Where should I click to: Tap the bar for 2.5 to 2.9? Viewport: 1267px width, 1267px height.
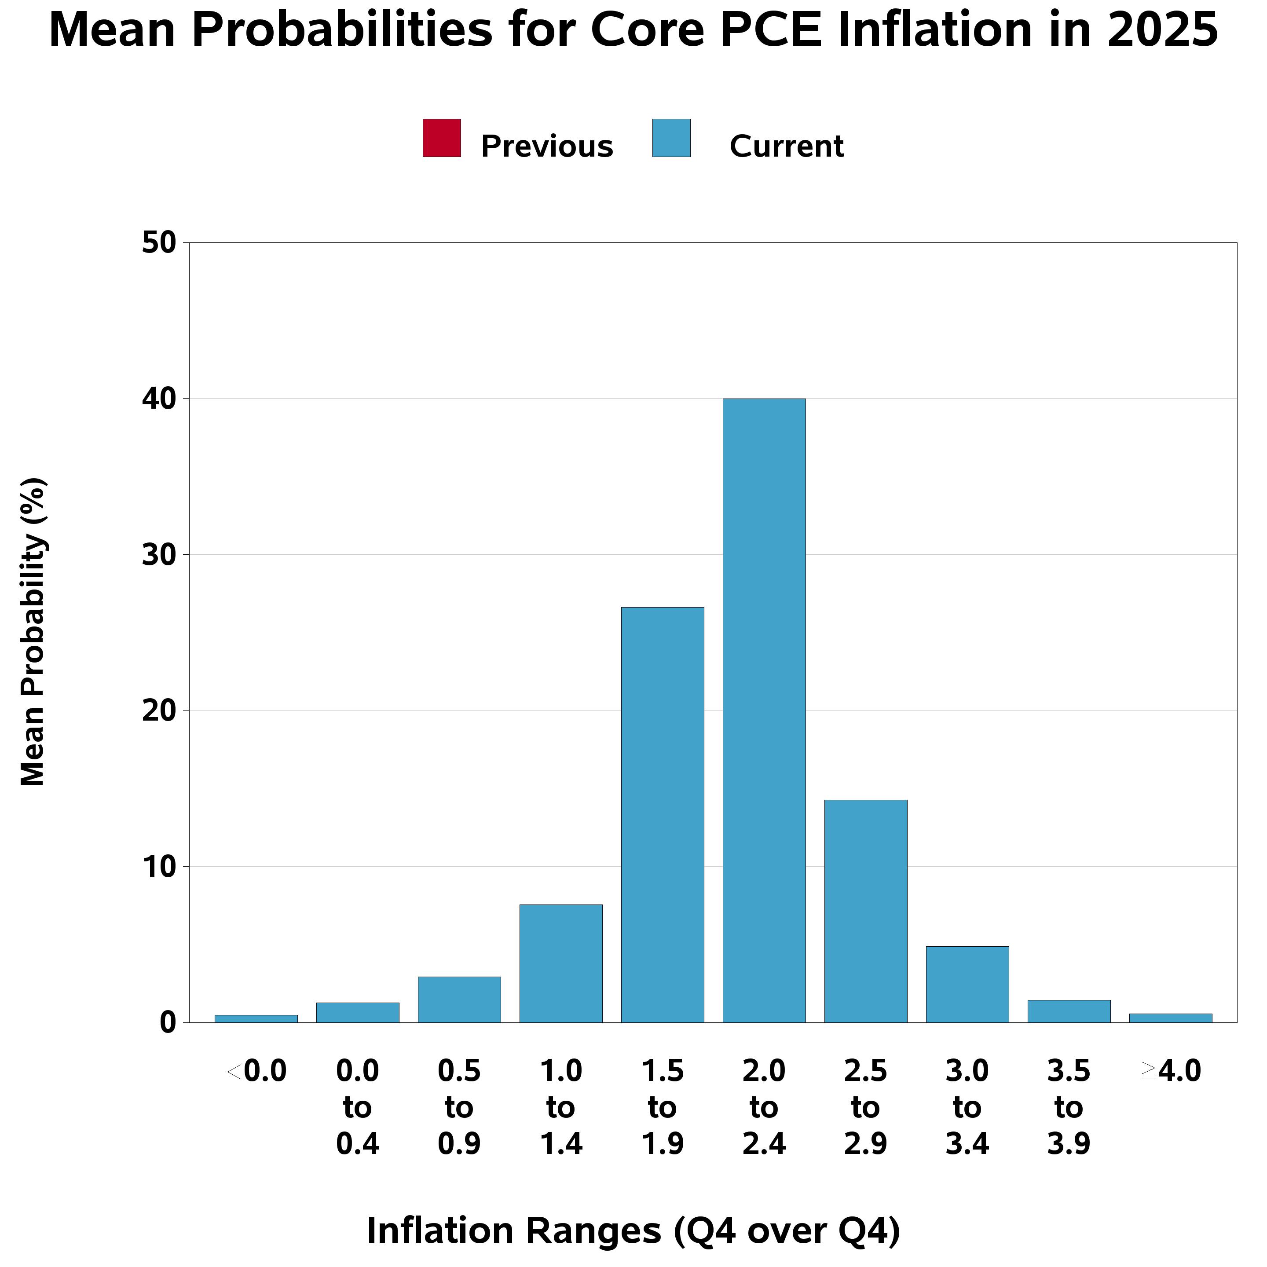click(866, 911)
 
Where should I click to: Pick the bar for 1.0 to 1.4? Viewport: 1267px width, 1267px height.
click(561, 963)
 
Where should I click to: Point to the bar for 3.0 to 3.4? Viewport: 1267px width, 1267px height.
click(967, 985)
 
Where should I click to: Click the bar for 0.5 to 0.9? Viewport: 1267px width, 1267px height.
click(459, 1000)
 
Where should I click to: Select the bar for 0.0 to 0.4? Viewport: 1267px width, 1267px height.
click(357, 1013)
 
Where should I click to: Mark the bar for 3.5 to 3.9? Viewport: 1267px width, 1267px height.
click(1069, 1011)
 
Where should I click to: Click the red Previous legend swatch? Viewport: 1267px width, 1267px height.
click(441, 138)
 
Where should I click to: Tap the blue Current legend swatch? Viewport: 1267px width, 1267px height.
click(671, 138)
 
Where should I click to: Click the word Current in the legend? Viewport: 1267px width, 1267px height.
click(786, 146)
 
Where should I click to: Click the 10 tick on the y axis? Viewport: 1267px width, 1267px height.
click(159, 867)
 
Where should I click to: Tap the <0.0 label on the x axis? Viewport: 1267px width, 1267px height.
click(256, 1072)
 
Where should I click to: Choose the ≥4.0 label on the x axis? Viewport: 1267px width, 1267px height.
click(1171, 1072)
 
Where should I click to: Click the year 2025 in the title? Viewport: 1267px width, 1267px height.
click(1162, 30)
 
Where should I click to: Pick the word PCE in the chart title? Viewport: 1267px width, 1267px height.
click(771, 30)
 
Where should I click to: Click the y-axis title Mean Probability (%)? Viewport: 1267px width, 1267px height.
click(33, 632)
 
